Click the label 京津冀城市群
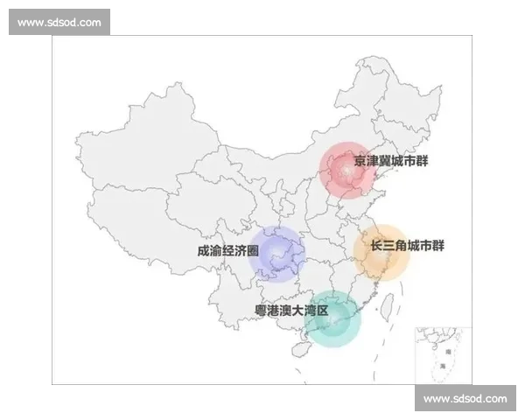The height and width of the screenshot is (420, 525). [391, 161]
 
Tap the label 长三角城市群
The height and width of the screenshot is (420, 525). [408, 245]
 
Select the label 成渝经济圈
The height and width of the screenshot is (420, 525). [227, 251]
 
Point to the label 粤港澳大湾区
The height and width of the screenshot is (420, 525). [290, 311]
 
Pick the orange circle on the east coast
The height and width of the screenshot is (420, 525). [381, 252]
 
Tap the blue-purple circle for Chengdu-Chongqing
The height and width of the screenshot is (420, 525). [277, 255]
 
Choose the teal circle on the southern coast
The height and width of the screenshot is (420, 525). [332, 319]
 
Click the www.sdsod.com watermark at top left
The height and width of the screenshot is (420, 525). [59, 22]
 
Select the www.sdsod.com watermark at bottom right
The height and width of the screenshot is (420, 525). [465, 399]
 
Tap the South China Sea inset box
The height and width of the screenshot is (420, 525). [443, 354]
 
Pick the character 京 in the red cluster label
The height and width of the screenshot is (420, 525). [360, 161]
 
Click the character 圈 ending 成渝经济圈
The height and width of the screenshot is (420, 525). [254, 251]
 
